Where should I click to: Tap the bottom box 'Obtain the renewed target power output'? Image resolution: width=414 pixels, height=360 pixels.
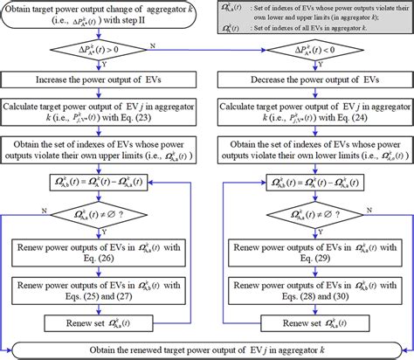pyautogui.click(x=207, y=350)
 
